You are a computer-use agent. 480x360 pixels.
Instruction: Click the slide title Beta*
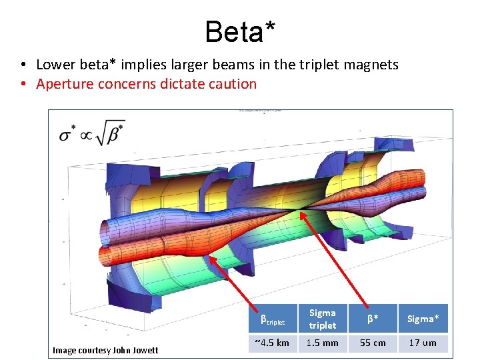pos(240,31)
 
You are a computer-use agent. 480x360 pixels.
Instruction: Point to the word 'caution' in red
pos(233,84)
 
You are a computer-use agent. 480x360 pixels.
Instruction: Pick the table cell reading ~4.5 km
pos(272,343)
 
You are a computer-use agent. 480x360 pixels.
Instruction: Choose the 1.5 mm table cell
pos(323,343)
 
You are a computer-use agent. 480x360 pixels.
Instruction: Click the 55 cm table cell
pos(372,343)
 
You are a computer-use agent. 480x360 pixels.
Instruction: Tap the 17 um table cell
pos(423,343)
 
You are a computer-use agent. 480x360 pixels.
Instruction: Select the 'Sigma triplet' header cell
pos(323,319)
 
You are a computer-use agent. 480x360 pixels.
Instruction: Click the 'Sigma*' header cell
pos(423,319)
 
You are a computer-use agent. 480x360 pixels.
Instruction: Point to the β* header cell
pos(372,319)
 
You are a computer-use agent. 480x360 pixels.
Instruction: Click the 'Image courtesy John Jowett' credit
pos(105,350)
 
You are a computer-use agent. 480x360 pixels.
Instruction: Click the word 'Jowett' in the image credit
pos(145,350)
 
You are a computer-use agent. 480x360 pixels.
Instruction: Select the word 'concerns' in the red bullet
pos(125,84)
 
